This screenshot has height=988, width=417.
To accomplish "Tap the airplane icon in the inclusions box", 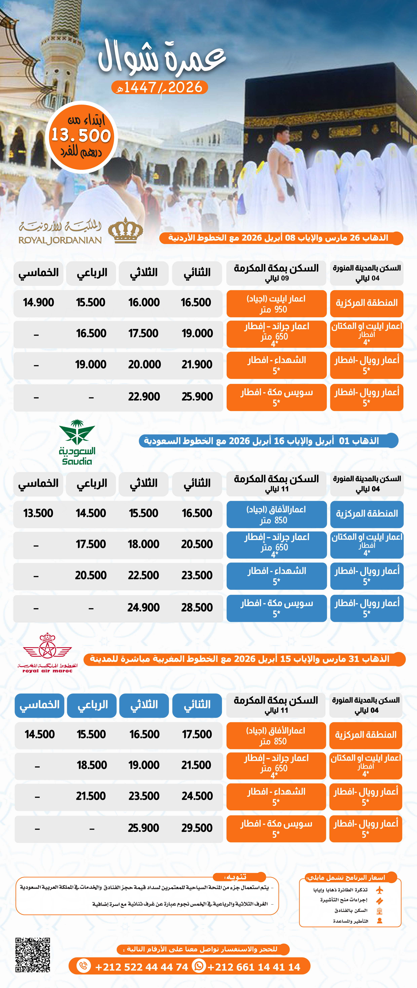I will [379, 890].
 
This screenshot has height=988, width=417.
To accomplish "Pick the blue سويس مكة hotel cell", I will [277, 608].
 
